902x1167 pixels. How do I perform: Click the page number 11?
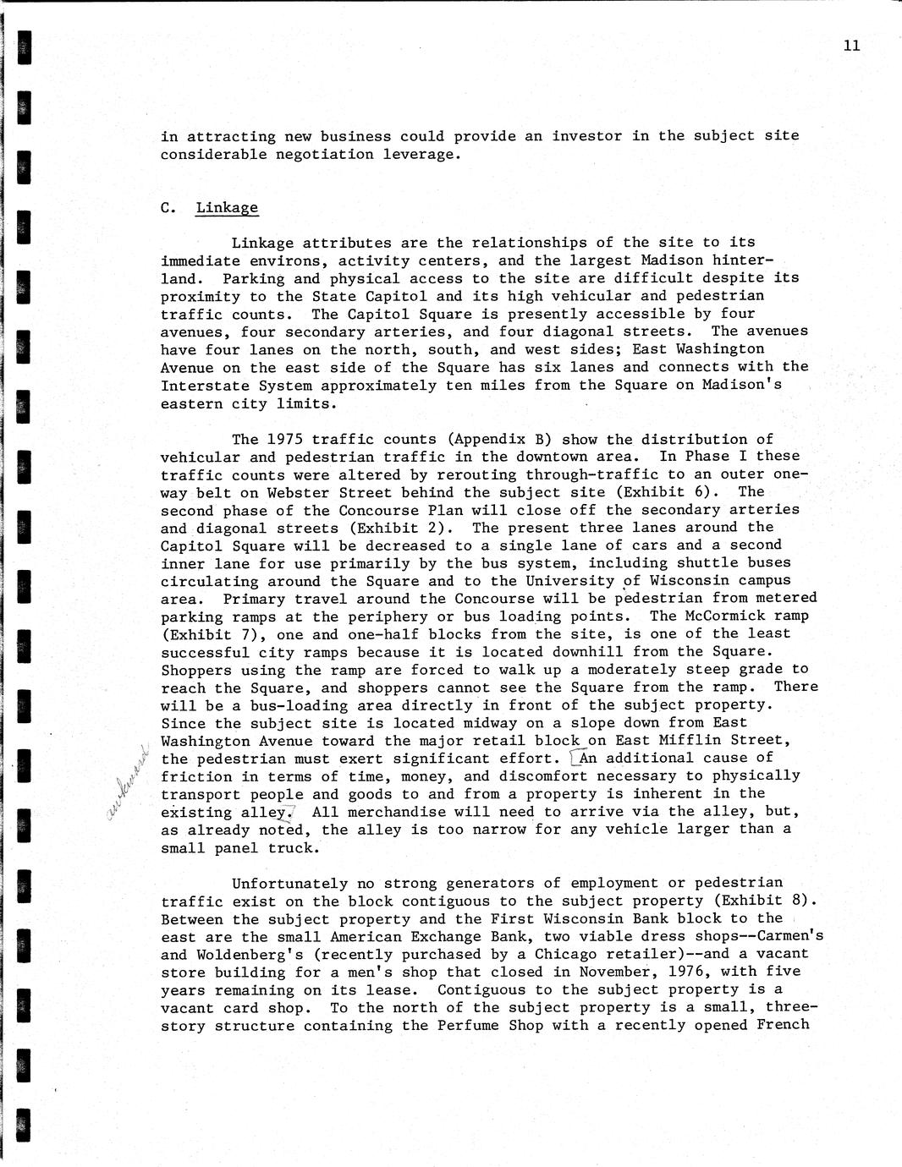point(851,46)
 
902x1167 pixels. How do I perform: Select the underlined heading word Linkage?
point(227,207)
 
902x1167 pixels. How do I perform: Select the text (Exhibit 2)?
point(410,528)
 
